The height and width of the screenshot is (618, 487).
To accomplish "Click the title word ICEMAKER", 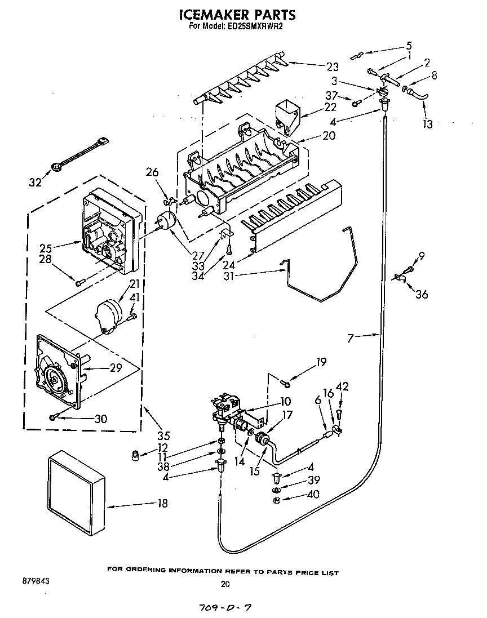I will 213,15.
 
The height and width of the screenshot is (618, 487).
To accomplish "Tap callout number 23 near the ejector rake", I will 333,67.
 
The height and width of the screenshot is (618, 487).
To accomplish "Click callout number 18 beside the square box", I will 162,504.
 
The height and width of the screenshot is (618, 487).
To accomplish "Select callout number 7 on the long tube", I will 350,338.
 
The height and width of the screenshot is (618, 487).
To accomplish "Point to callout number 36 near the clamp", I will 422,294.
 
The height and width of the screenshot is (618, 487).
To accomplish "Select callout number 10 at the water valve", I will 285,402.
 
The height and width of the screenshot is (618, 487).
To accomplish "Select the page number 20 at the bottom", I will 225,584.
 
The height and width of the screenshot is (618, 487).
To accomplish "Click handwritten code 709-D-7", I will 225,608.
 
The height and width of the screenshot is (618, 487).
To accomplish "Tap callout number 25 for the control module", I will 46,247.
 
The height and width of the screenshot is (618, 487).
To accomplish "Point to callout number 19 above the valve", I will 321,362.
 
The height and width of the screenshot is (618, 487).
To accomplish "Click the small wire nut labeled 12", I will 135,454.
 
